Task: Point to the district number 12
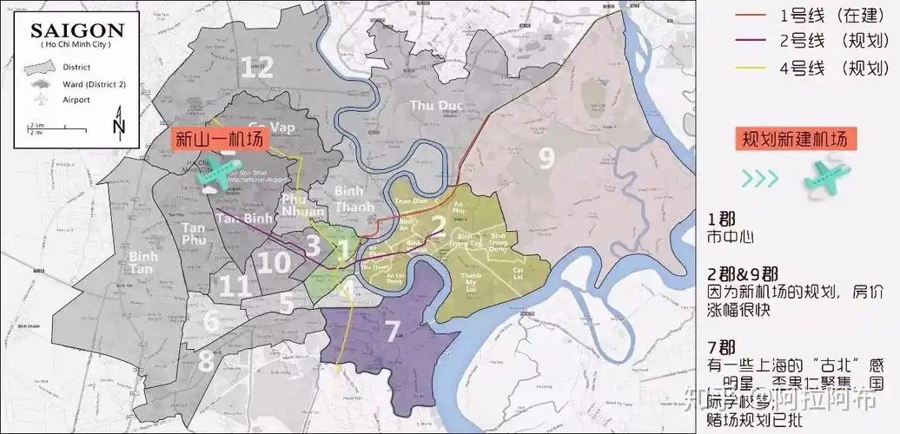pos(257,67)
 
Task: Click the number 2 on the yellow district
pos(439,224)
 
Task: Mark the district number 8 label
pos(205,358)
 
